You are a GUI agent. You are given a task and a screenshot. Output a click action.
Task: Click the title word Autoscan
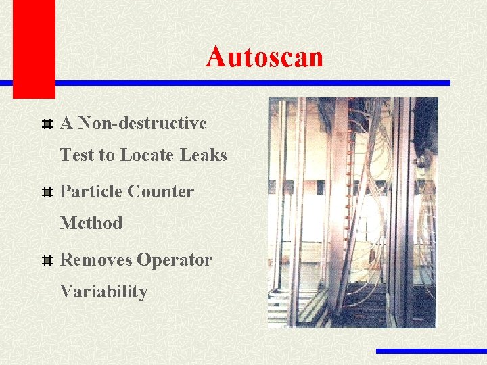[264, 57]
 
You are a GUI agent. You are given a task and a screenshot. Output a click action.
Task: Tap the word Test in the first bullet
[78, 155]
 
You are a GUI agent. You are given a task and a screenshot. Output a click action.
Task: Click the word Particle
[90, 191]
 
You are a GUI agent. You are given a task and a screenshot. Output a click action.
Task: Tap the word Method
[91, 223]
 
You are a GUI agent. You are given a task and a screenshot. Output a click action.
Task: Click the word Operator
[175, 260]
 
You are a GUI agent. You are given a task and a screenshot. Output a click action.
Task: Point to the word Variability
[103, 292]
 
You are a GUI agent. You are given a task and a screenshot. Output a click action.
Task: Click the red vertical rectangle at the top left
[34, 47]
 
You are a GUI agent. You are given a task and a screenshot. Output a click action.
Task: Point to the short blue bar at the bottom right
[431, 351]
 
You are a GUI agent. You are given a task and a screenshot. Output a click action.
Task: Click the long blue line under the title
[250, 83]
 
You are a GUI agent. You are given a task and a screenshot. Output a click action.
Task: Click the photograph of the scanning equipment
[352, 212]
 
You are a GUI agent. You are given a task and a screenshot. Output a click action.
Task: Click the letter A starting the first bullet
[66, 124]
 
